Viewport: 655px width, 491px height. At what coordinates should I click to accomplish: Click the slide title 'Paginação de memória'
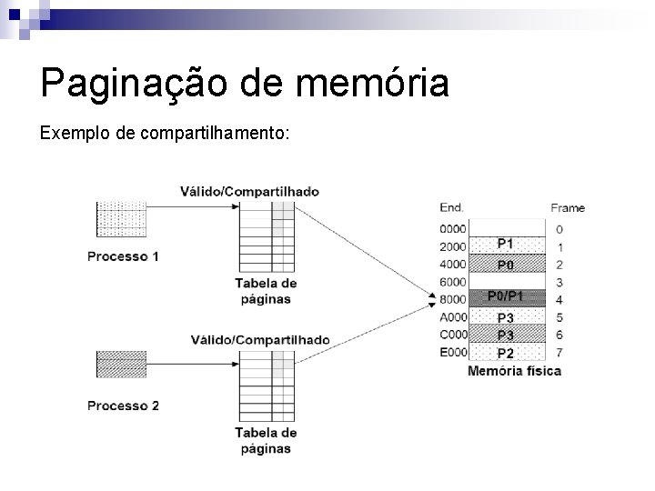[245, 84]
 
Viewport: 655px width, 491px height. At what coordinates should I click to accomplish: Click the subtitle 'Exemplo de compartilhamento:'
[165, 134]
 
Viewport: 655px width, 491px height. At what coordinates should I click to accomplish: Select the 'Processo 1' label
[123, 256]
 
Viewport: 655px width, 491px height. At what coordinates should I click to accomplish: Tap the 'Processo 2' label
[123, 406]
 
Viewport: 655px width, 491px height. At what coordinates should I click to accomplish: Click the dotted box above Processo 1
[121, 219]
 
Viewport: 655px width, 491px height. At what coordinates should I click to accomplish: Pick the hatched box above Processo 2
[121, 364]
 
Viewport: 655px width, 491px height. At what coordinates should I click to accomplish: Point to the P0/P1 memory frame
[506, 296]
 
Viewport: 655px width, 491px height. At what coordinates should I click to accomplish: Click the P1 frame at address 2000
[506, 245]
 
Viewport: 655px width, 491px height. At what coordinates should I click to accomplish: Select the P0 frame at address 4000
[506, 264]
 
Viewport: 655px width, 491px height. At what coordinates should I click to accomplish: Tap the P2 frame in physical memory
[506, 353]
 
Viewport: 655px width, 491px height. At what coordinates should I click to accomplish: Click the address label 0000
[452, 229]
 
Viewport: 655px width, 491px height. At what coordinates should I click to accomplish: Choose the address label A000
[452, 317]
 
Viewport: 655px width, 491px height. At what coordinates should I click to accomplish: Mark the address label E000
[452, 353]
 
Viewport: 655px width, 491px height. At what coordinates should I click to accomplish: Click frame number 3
[559, 282]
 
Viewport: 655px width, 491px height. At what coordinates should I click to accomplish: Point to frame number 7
[559, 353]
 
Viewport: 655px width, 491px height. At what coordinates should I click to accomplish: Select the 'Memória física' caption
[514, 371]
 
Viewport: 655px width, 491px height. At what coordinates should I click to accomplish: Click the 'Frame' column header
[568, 207]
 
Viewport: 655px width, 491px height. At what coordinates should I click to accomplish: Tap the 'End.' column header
[451, 207]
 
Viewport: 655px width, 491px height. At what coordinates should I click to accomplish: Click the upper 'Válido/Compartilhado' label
[249, 191]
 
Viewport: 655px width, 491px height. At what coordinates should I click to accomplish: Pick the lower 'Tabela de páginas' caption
[266, 440]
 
